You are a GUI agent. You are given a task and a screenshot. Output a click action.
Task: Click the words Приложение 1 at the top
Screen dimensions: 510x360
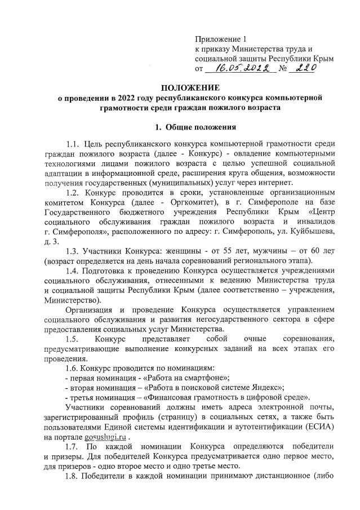pyautogui.click(x=220, y=39)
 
